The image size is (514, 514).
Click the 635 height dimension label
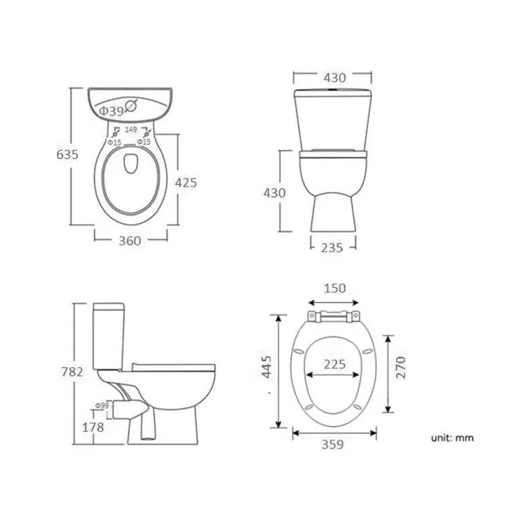[x=68, y=156]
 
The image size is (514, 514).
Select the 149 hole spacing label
[x=131, y=129]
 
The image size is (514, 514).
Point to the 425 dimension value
[x=186, y=183]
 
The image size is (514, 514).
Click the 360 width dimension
[x=130, y=241]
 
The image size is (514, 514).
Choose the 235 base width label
[x=332, y=248]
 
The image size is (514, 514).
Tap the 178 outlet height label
[x=93, y=428]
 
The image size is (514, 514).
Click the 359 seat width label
[x=334, y=445]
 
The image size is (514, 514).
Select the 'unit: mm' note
[x=452, y=437]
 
